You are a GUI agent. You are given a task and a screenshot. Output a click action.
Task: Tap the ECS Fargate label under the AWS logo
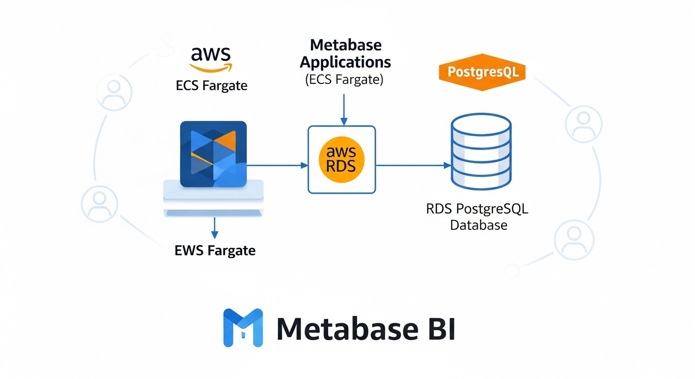click(211, 86)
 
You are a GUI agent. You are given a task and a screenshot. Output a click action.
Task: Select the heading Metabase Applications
click(345, 53)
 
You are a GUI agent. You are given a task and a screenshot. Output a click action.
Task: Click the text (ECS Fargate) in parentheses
click(344, 79)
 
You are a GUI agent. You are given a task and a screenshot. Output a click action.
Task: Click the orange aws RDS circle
click(341, 159)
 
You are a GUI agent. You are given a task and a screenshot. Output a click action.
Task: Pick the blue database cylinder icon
click(481, 152)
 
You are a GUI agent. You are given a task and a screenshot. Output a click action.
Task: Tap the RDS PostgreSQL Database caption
click(477, 217)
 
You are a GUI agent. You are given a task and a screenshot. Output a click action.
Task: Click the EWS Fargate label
click(215, 250)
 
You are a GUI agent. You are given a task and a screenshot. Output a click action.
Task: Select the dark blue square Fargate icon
click(213, 154)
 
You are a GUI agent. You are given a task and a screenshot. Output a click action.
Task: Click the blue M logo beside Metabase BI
click(242, 327)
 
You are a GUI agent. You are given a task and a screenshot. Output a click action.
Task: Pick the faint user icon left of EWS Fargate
click(100, 204)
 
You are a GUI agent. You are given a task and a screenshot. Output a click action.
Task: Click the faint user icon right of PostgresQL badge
click(583, 123)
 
